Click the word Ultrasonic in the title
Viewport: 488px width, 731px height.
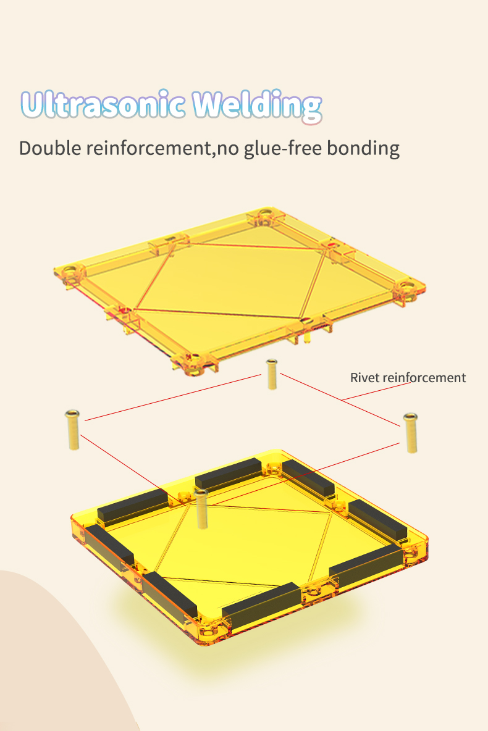click(x=102, y=104)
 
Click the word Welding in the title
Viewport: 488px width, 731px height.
click(x=257, y=106)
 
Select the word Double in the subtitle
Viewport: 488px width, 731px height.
click(x=50, y=148)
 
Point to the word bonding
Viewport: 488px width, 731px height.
click(x=363, y=149)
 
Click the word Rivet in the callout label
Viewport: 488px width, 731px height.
click(x=365, y=378)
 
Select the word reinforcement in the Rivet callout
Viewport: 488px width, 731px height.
click(x=424, y=378)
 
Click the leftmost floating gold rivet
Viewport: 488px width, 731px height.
click(x=73, y=429)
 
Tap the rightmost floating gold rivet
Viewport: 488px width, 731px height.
click(x=411, y=433)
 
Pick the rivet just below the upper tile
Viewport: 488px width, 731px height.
click(x=272, y=374)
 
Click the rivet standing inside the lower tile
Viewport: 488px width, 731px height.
click(x=201, y=509)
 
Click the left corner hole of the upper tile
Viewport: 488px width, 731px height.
click(x=70, y=270)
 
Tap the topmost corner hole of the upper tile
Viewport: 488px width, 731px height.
click(x=266, y=214)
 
